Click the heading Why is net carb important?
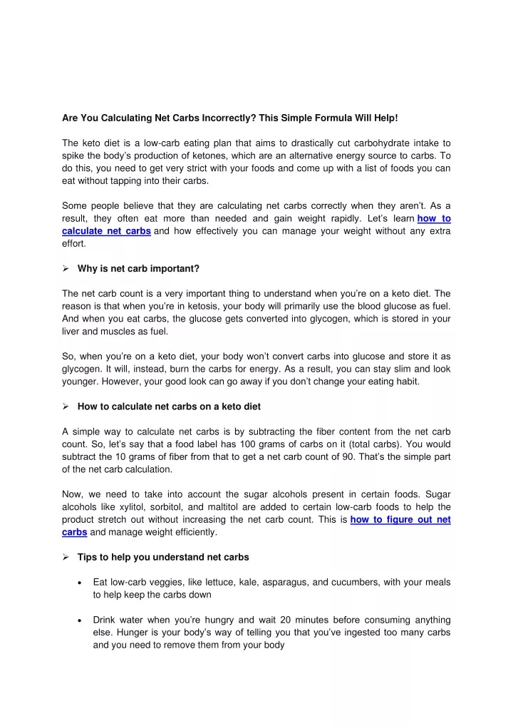tap(138, 269)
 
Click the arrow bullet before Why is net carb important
tap(66, 269)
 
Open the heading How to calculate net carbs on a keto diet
tap(169, 407)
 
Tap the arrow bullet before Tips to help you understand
tap(66, 557)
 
